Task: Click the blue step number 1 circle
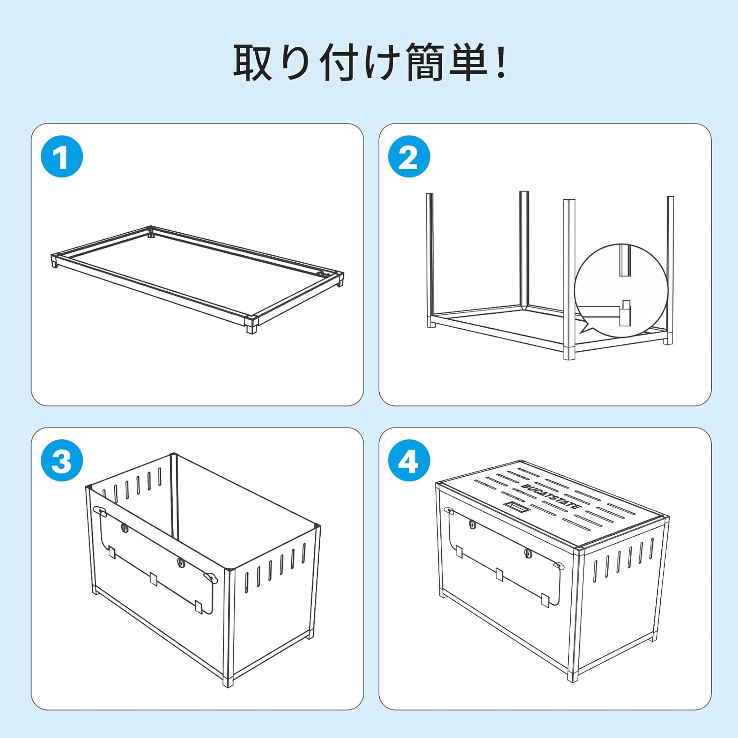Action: tap(61, 157)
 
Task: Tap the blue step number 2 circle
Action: tap(409, 157)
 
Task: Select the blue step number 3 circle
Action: tap(61, 461)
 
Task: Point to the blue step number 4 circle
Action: tap(409, 461)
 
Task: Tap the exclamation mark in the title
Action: tap(501, 62)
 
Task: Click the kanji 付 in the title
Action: tap(339, 62)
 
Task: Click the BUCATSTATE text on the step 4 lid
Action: tap(551, 496)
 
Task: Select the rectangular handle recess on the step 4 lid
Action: tap(516, 506)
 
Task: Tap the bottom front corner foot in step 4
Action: tap(572, 676)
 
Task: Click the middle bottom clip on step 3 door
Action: tap(154, 579)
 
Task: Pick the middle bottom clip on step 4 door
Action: tap(500, 574)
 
